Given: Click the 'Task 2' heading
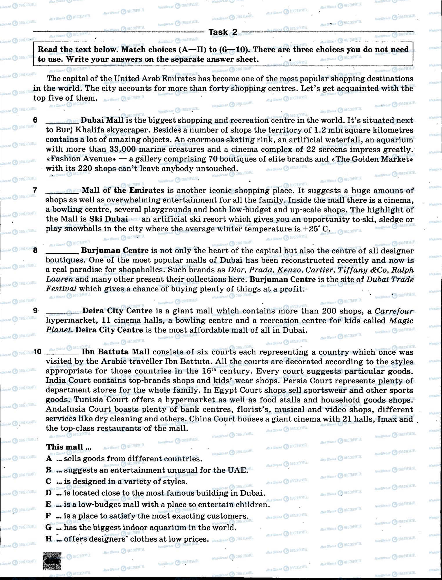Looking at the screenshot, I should (223, 32).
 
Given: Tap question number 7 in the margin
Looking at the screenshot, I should (35, 191).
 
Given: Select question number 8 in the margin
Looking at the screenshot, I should (35, 251).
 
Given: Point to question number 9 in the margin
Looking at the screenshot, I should (35, 311).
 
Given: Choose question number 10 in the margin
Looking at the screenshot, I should (37, 352).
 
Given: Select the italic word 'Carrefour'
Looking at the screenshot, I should (394, 311).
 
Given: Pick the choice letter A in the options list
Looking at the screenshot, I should (49, 458).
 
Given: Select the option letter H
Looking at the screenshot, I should (49, 539).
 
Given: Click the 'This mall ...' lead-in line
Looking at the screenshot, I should (69, 447).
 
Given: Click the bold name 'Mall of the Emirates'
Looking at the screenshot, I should (123, 191).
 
